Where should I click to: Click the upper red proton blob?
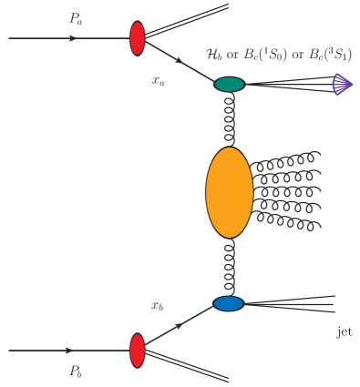tap(138, 38)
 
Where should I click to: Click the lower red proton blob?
tap(138, 350)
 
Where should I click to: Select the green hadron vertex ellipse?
tap(230, 85)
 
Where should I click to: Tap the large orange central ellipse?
tap(229, 191)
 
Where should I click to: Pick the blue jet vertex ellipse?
tap(229, 303)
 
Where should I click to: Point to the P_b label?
tap(76, 371)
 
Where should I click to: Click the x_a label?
tap(159, 80)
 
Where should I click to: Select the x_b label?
tap(158, 305)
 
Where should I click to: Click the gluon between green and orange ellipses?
tap(231, 119)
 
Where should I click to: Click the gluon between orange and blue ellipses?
tap(231, 266)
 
